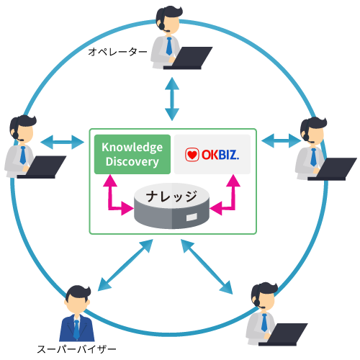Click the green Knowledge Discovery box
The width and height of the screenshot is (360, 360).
point(132,154)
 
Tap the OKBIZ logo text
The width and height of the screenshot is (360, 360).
point(220,155)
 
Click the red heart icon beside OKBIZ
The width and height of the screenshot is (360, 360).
point(192,155)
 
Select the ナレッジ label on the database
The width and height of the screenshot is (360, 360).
point(171,197)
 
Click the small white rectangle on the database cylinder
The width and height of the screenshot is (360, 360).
point(192,217)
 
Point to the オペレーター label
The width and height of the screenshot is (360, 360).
point(117,52)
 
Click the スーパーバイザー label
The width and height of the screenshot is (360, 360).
point(76,349)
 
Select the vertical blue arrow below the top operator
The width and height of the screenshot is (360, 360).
point(172,99)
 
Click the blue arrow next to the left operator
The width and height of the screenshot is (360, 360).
point(62,143)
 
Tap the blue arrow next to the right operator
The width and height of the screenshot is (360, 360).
point(281,140)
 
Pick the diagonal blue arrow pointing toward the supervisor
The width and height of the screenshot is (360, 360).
point(125,265)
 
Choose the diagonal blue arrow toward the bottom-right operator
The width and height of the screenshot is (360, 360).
point(207,266)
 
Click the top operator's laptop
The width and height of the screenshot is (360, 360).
point(188,58)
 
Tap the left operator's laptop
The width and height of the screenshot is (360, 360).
point(42,167)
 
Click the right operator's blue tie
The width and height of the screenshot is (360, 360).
point(313,158)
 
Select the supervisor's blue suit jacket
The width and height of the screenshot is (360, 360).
point(77,328)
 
